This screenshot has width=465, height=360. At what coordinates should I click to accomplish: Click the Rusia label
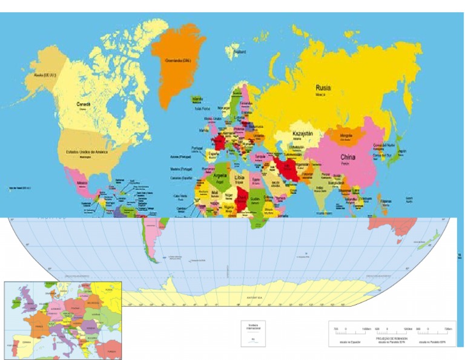(x=323, y=88)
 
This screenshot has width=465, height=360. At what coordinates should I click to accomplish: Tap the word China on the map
(x=348, y=158)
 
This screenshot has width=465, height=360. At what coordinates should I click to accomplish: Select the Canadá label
(x=84, y=104)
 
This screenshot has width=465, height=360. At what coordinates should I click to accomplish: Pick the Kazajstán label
(x=302, y=133)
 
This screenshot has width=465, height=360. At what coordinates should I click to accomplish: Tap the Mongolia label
(x=346, y=135)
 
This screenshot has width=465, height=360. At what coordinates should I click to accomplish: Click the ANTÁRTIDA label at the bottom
(x=256, y=298)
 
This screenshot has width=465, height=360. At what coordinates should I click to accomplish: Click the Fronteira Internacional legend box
(x=254, y=333)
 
